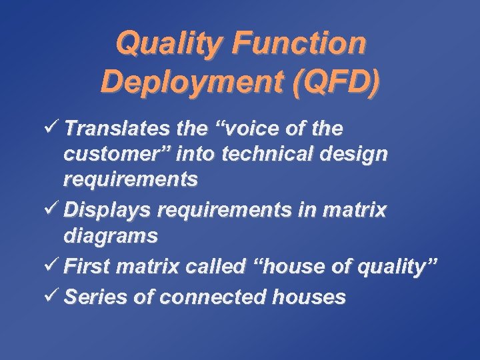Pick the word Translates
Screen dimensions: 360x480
[114, 128]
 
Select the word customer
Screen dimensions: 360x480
[113, 153]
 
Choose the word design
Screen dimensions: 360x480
[355, 154]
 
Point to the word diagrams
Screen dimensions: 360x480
[111, 236]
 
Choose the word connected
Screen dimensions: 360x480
[215, 297]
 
